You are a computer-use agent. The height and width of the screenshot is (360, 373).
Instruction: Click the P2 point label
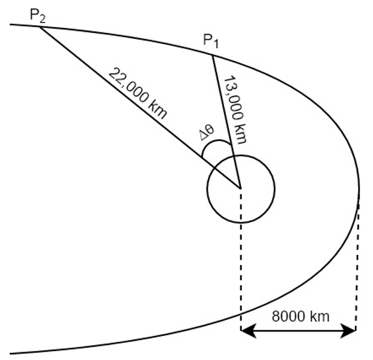pyautogui.click(x=38, y=16)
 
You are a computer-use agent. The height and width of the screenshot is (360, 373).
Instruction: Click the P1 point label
pyautogui.click(x=210, y=41)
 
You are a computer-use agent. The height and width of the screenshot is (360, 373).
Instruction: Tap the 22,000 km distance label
pyautogui.click(x=138, y=93)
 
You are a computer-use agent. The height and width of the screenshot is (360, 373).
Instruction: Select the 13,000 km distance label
pyautogui.click(x=234, y=109)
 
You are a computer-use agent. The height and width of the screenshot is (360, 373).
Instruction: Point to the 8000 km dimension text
pyautogui.click(x=300, y=317)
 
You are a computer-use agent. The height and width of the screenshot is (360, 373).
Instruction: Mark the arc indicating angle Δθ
pyautogui.click(x=214, y=142)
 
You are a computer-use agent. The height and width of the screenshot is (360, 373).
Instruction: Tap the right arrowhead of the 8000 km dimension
pyautogui.click(x=348, y=330)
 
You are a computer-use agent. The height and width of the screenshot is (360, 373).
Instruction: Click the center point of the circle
pyautogui.click(x=241, y=189)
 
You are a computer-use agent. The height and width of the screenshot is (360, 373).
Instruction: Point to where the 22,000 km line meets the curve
pyautogui.click(x=40, y=27)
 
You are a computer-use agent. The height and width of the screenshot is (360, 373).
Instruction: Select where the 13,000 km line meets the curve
pyautogui.click(x=212, y=56)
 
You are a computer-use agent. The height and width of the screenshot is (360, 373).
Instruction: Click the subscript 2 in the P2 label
pyautogui.click(x=42, y=19)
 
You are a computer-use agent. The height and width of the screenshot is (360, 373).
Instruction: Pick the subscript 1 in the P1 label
pyautogui.click(x=216, y=44)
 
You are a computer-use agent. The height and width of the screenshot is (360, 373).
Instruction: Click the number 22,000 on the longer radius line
pyautogui.click(x=129, y=85)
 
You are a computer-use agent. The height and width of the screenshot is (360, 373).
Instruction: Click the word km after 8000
pyautogui.click(x=320, y=317)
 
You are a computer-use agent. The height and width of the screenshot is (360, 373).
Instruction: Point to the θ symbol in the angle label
pyautogui.click(x=210, y=129)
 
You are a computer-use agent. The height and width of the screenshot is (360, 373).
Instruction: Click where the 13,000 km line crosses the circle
pyautogui.click(x=234, y=156)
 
